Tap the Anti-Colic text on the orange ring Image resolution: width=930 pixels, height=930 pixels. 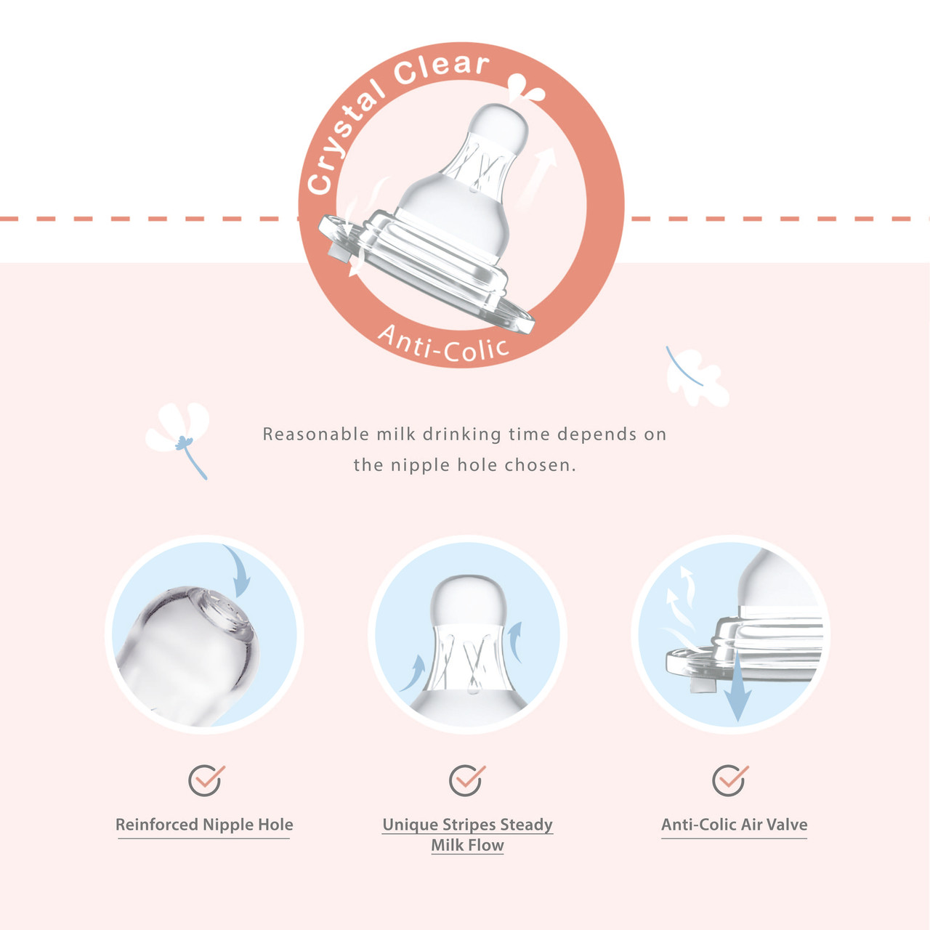pos(443,346)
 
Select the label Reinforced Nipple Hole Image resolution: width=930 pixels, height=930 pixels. pos(204,825)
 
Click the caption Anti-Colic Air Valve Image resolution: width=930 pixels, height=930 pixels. pos(734,825)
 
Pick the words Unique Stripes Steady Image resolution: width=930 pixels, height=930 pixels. pos(467,825)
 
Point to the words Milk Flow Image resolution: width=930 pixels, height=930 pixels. pos(467,846)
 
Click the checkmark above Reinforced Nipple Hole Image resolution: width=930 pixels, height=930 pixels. pos(206,780)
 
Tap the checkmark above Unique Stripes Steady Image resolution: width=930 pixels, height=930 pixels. pos(467,780)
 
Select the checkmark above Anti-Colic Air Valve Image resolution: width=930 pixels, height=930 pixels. pos(730,780)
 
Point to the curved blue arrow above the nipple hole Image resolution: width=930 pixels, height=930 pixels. pos(240,570)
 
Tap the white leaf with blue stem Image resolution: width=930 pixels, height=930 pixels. pos(697,377)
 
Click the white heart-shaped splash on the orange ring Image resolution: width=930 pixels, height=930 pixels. pos(525,89)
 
